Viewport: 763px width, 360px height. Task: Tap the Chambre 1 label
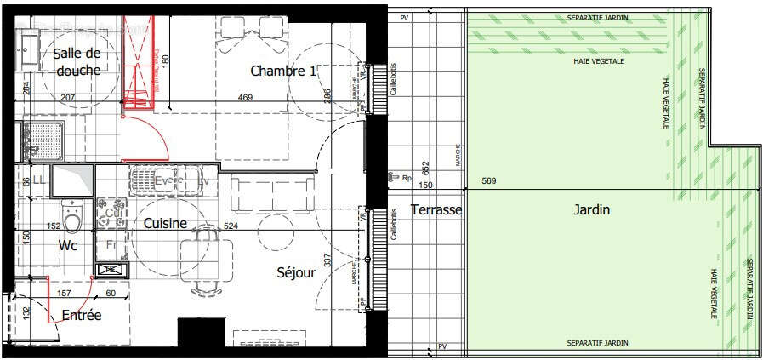[x=283, y=71]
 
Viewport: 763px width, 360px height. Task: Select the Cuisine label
[x=165, y=223]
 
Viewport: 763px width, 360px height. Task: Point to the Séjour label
[x=296, y=273]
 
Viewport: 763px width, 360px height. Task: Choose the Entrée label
[x=82, y=316]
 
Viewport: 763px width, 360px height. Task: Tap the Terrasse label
[x=436, y=209]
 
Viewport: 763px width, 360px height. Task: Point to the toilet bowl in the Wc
[x=72, y=219]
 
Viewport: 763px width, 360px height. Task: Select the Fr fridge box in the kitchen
[x=110, y=244]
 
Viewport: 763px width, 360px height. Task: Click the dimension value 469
[x=245, y=98]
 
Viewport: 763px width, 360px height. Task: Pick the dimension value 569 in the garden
[x=488, y=181]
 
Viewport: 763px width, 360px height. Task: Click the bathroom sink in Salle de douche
[x=27, y=43]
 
